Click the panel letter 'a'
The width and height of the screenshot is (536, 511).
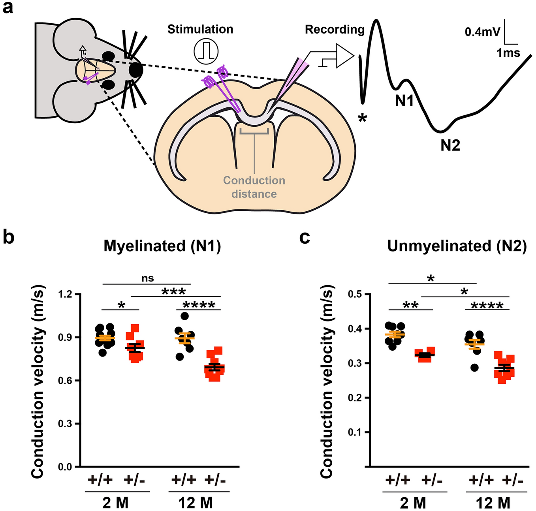tap(8, 8)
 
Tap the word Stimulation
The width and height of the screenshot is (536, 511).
tap(200, 30)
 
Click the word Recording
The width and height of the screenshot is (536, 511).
tap(335, 30)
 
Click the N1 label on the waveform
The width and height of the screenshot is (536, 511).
tap(404, 101)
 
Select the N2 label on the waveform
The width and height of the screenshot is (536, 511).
tap(450, 146)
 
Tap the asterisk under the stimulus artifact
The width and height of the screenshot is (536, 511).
tap(362, 118)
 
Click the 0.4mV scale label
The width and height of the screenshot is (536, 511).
tap(482, 32)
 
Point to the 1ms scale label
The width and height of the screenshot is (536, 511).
tap(508, 53)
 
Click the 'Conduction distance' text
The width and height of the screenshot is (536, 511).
tap(254, 187)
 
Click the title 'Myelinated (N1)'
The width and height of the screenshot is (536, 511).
tap(162, 246)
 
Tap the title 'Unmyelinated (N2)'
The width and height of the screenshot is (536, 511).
tap(457, 246)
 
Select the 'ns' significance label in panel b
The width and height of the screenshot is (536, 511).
tap(147, 278)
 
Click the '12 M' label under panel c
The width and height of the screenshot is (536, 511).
tap(493, 503)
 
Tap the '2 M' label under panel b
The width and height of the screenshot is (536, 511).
tap(115, 503)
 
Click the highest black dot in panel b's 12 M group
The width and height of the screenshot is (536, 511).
tap(184, 316)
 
